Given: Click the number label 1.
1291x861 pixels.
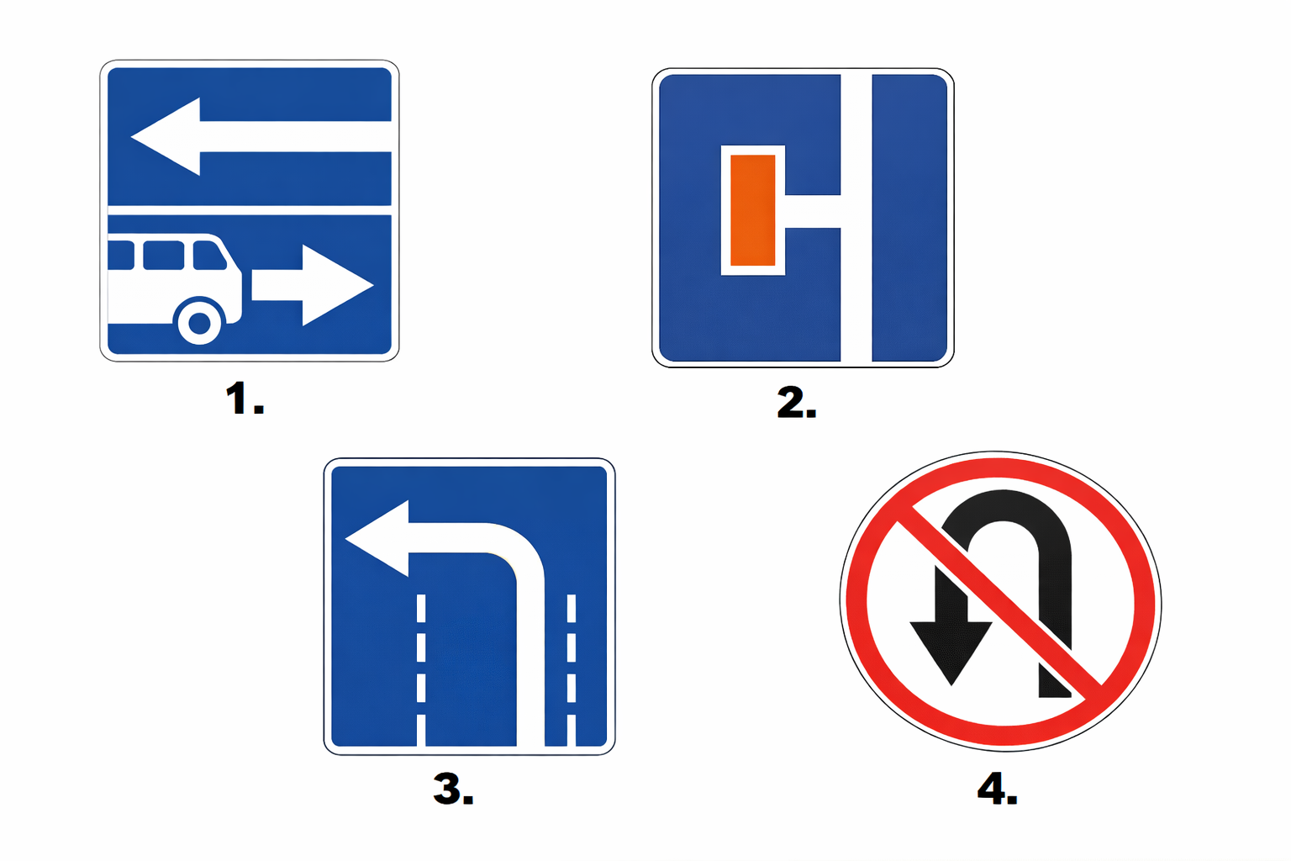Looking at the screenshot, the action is pos(245,399).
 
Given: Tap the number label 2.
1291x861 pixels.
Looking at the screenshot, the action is pos(797,402).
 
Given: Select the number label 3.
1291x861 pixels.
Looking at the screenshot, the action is pos(454,789).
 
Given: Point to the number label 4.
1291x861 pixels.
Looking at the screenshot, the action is pos(998,788).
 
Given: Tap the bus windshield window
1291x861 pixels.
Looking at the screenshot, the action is pos(208,256).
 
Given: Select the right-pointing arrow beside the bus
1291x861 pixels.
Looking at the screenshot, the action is pos(313,285).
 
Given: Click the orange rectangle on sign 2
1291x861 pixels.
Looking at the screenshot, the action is pos(753,210).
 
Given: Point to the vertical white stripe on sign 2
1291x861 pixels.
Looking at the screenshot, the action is pos(856,218).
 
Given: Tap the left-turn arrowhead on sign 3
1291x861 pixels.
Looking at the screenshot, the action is pos(377,538).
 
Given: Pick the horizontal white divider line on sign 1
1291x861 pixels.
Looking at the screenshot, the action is pos(250,210).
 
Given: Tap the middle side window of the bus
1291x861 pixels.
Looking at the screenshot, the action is pos(164,256).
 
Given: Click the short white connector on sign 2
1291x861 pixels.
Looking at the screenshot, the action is pos(813,211).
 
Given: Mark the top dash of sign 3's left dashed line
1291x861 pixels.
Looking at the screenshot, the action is pos(421,609).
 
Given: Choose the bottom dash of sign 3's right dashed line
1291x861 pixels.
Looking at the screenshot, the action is pos(572,730).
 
